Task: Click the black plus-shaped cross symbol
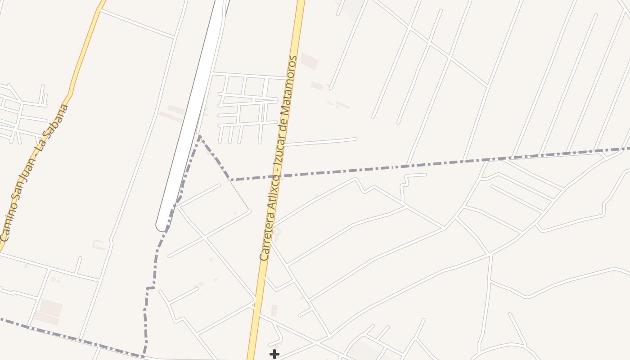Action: (x=274, y=354)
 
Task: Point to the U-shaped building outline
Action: (x=99, y=244)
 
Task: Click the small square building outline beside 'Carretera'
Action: (x=277, y=232)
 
